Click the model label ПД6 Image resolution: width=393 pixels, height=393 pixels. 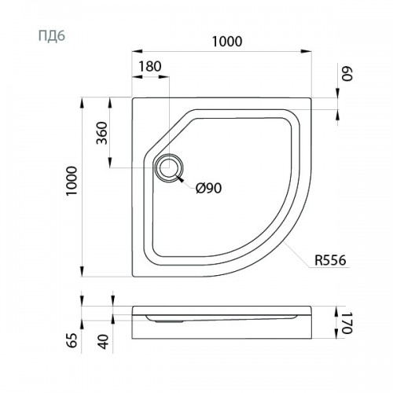[x=52, y=36]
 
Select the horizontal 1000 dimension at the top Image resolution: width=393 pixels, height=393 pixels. [x=227, y=42]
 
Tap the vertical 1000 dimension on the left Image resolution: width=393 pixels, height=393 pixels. [x=72, y=181]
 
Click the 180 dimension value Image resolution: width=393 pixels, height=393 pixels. [x=149, y=66]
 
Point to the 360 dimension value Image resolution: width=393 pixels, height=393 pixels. [x=102, y=133]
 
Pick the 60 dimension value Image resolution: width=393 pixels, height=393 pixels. [x=347, y=74]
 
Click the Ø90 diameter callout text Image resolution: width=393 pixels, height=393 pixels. [x=208, y=188]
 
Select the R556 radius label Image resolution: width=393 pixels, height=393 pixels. [x=330, y=260]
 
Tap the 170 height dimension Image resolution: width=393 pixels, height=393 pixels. [x=347, y=323]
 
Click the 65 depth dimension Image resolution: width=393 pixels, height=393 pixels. [x=72, y=340]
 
